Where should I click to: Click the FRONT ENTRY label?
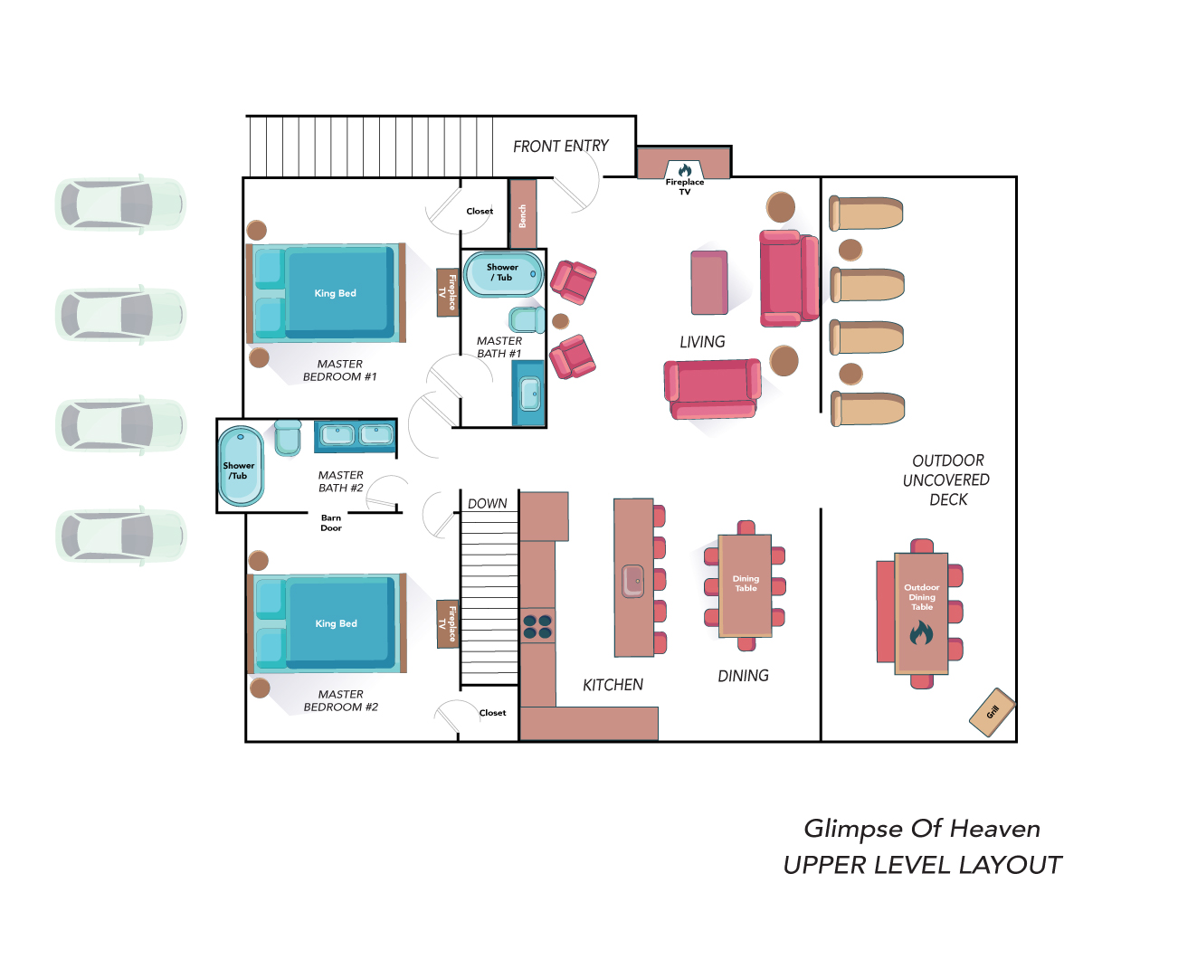[x=560, y=146]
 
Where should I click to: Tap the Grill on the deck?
[x=993, y=712]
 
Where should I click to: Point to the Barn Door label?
[x=331, y=523]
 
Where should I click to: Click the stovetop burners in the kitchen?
[x=537, y=626]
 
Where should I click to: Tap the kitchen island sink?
[x=632, y=581]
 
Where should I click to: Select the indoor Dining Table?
[x=745, y=585]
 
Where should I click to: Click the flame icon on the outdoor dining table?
[x=921, y=632]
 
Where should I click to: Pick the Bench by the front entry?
[x=523, y=214]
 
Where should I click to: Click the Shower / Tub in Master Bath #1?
[x=503, y=274]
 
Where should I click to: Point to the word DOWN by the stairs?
[x=488, y=503]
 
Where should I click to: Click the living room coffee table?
[x=709, y=282]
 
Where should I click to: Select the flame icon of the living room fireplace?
[x=685, y=170]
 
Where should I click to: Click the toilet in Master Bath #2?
[x=288, y=438]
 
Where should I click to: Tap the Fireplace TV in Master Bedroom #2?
[x=448, y=623]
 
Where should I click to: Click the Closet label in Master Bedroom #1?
[x=480, y=212]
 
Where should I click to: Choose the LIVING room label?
[x=702, y=342]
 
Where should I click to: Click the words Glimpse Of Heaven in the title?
[x=922, y=829]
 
